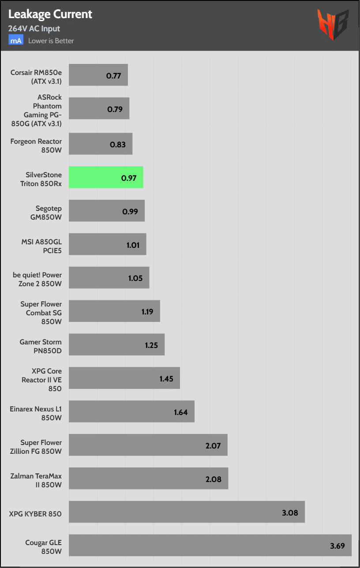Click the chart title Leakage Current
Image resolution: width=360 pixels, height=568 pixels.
(50, 14)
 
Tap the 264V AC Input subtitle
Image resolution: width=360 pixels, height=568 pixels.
(34, 29)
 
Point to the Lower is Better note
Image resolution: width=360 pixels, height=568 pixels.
(51, 41)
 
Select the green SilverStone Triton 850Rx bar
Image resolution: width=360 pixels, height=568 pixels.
(106, 177)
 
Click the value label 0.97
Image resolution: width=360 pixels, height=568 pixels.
(129, 179)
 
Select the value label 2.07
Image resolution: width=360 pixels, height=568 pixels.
(213, 446)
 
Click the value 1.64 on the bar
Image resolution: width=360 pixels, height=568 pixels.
(180, 412)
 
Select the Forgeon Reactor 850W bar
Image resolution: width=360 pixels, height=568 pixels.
(101, 144)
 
